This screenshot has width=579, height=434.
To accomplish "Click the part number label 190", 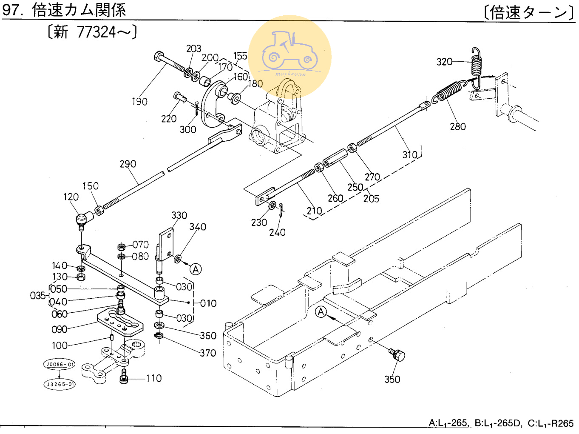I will point(139,102).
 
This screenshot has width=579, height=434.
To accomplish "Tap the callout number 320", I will point(444,62).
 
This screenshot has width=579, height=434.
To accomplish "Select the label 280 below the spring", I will point(458,127).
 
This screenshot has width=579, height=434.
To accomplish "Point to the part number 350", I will point(392,380).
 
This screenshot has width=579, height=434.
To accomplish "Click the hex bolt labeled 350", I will point(397,354).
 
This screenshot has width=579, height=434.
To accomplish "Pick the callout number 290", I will point(128,164).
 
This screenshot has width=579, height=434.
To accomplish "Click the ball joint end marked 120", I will point(82,219).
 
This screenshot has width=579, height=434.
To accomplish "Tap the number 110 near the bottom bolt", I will point(153,378).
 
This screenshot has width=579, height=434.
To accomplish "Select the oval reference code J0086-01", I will point(59,365).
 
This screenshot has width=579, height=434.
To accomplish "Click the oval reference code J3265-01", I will point(60,384).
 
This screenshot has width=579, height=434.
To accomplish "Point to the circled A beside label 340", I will point(196,269).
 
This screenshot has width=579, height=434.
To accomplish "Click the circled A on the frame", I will point(321,312).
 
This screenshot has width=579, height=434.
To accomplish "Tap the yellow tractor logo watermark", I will point(289,56).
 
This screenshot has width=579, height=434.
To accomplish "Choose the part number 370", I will point(208,353).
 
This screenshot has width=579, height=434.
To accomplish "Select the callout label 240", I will point(277,233).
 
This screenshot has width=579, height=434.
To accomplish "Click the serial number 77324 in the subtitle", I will point(96,32).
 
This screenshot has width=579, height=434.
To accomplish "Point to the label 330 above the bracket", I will point(179,215).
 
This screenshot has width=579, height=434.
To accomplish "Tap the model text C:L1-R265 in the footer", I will point(551,424).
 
